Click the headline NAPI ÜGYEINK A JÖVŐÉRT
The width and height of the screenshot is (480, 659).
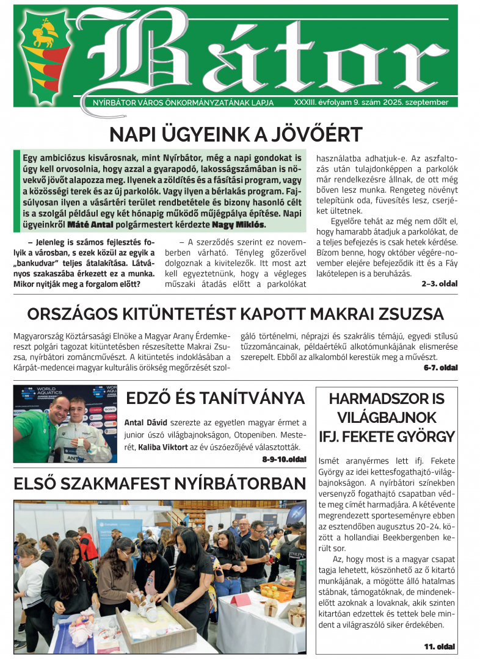pyautogui.click(x=235, y=134)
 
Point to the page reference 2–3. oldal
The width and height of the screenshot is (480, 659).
pyautogui.click(x=439, y=284)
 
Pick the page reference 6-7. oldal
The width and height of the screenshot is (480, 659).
pyautogui.click(x=440, y=368)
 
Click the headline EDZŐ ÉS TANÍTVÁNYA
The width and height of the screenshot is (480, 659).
pyautogui.click(x=215, y=398)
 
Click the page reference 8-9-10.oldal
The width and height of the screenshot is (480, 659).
pyautogui.click(x=284, y=458)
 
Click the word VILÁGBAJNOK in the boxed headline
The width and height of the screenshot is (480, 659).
pyautogui.click(x=386, y=418)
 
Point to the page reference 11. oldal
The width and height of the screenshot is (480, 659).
pyautogui.click(x=440, y=646)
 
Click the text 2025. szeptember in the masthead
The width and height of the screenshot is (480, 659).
pyautogui.click(x=415, y=103)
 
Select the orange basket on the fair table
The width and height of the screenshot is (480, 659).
pyautogui.click(x=277, y=590)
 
